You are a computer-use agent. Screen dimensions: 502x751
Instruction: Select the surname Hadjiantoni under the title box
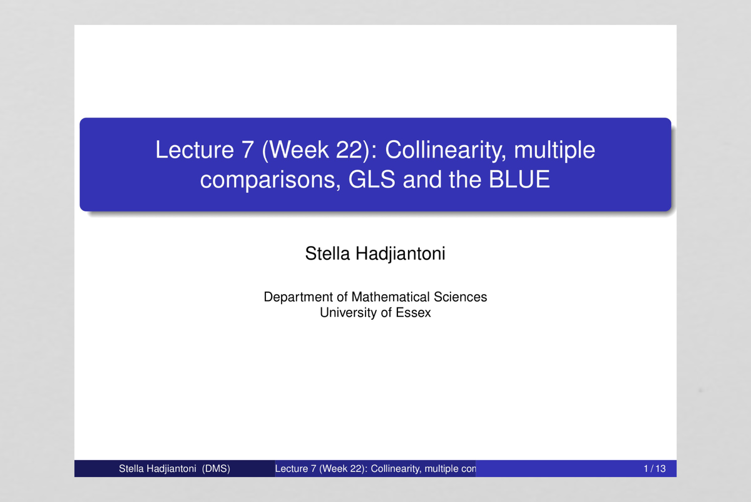(x=401, y=254)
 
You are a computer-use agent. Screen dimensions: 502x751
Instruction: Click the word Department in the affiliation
(x=297, y=297)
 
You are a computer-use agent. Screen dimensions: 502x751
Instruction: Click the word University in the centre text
(x=348, y=312)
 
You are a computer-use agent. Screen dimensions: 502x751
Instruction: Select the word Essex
(x=413, y=312)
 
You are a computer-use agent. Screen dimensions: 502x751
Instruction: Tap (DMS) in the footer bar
(x=216, y=469)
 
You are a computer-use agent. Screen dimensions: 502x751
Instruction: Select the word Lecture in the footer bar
(x=291, y=469)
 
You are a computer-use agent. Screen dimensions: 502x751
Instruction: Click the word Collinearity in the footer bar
(x=396, y=469)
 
